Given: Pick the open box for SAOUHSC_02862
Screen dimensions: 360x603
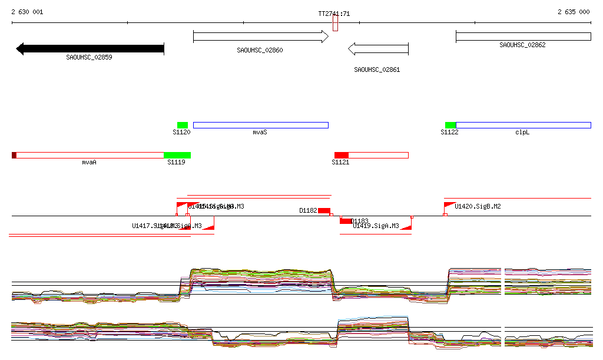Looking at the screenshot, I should pyautogui.click(x=523, y=37).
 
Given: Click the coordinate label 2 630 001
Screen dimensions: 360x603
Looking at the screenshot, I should pyautogui.click(x=27, y=12).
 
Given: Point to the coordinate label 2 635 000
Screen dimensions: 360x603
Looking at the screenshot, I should pyautogui.click(x=574, y=12).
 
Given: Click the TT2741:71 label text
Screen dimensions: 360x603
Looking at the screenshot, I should pyautogui.click(x=334, y=14).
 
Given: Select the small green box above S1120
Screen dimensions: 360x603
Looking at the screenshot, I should pyautogui.click(x=183, y=125).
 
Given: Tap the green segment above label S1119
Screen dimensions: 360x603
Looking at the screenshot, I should pyautogui.click(x=177, y=155).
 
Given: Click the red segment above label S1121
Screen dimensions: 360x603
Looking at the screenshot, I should pyautogui.click(x=342, y=155).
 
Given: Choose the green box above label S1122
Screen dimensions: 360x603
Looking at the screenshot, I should pyautogui.click(x=450, y=125).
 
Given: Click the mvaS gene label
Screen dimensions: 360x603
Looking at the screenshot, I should pyautogui.click(x=260, y=133).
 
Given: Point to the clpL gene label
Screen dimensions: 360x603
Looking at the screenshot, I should pyautogui.click(x=522, y=133).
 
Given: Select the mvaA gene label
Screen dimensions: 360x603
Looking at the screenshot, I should pyautogui.click(x=89, y=161).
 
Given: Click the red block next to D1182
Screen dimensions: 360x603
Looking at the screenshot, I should pyautogui.click(x=324, y=210).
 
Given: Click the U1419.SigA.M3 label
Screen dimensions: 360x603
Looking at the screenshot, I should pyautogui.click(x=376, y=226).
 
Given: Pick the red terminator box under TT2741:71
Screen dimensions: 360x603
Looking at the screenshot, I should pyautogui.click(x=335, y=24).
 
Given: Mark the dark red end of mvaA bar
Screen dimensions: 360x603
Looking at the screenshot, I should pyautogui.click(x=14, y=155).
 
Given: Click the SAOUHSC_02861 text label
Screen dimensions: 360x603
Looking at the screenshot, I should pyautogui.click(x=377, y=70).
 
